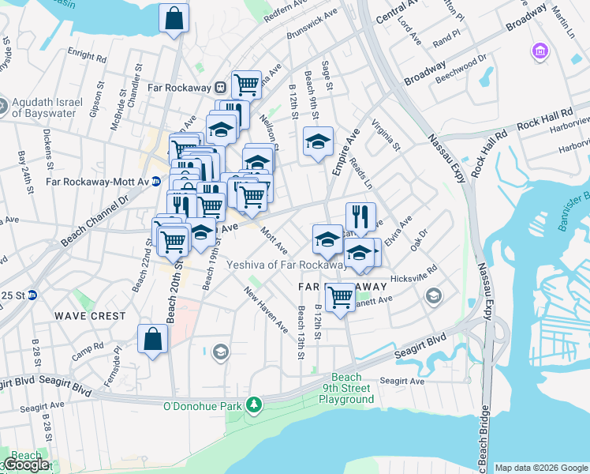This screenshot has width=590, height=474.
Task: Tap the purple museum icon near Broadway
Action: coord(540,52)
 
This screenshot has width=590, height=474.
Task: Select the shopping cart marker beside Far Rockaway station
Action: coord(247,83)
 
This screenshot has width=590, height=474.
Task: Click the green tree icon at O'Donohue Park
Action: coord(253,405)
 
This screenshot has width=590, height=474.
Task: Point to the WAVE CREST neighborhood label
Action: coord(90,316)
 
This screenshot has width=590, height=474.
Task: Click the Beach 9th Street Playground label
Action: coord(346,389)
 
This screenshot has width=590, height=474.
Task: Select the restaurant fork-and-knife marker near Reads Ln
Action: coord(360,216)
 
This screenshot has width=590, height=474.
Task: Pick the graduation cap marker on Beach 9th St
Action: coord(319,141)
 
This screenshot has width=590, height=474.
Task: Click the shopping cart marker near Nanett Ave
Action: coord(340,297)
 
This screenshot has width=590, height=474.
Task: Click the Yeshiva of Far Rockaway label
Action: coord(287,264)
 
